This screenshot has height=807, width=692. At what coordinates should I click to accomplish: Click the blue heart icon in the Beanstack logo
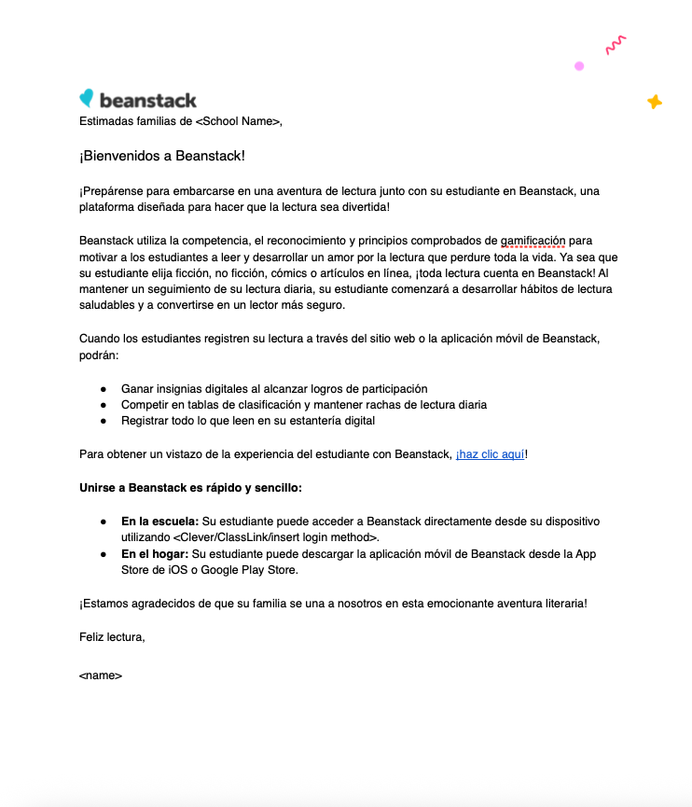click(x=87, y=98)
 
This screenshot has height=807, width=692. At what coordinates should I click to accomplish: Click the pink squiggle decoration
click(x=615, y=44)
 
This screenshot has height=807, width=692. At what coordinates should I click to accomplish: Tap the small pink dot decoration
click(x=579, y=66)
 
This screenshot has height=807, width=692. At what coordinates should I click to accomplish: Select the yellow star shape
click(x=654, y=102)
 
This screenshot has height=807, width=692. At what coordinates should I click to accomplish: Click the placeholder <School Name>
click(x=237, y=120)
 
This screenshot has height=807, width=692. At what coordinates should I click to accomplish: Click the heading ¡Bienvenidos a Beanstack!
click(x=162, y=156)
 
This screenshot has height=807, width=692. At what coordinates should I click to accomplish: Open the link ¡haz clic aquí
click(x=490, y=454)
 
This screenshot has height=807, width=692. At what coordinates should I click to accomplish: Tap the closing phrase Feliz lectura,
click(x=112, y=637)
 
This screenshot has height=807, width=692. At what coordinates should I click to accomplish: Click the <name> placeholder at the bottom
click(x=101, y=675)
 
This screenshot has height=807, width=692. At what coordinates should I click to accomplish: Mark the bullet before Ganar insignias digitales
click(x=104, y=388)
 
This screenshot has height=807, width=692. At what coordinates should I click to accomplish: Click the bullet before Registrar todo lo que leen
click(x=104, y=421)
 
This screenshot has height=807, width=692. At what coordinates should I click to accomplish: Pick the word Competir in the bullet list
click(x=145, y=405)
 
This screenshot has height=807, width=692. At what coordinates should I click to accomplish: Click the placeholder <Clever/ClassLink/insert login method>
click(x=275, y=537)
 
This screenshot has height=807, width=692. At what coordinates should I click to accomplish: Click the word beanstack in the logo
click(x=147, y=100)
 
